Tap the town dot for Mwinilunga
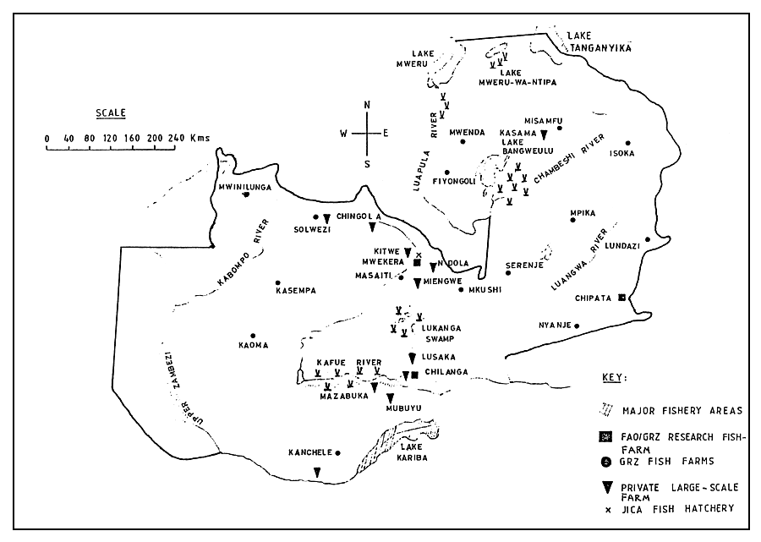coord(246,194)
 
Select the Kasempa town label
coord(295,291)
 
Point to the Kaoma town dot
coord(252,334)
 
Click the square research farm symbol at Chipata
coord(622,298)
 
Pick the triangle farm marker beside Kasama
coord(545,134)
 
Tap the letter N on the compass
coord(366,104)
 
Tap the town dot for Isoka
coord(627,142)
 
